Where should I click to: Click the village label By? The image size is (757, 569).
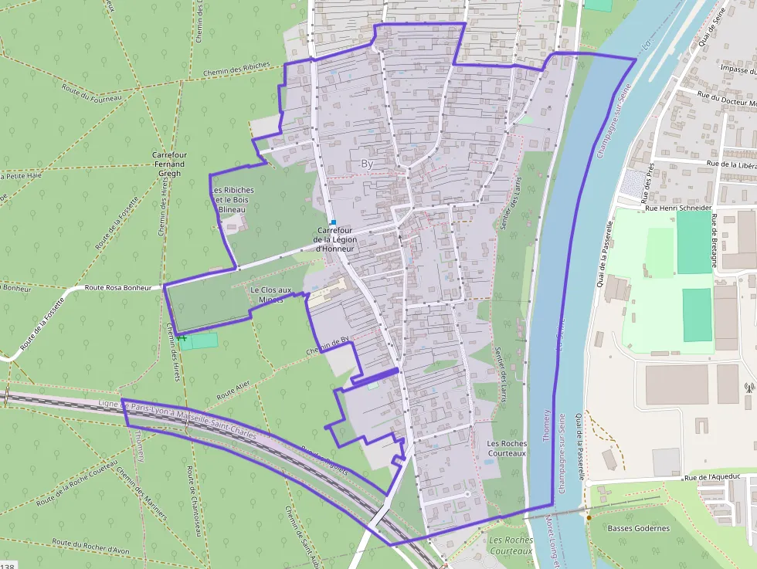coord(367,164)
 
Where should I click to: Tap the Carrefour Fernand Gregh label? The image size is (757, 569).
coord(169,164)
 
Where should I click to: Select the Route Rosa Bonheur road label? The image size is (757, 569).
coord(115,287)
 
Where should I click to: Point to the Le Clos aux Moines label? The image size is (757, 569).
coord(270,294)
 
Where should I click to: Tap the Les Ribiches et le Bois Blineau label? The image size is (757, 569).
coord(233,200)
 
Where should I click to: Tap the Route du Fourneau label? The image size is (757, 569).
coord(92,93)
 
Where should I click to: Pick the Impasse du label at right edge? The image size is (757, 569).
coord(737,69)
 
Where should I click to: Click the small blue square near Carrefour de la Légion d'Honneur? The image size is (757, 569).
coord(333,222)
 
